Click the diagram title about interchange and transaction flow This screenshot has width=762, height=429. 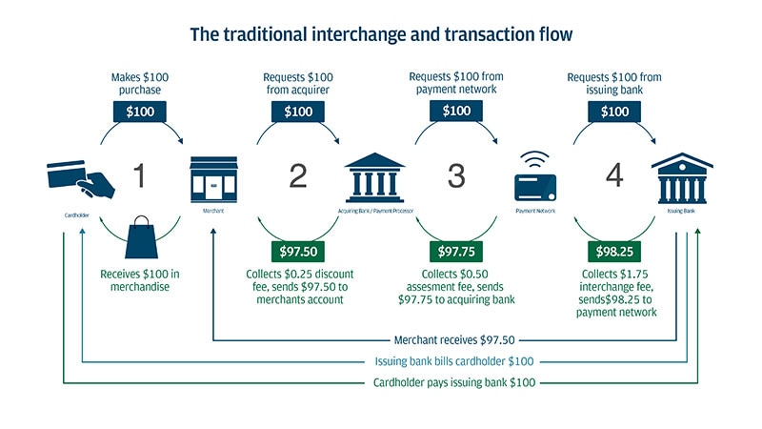click(380, 35)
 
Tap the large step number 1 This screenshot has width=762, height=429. click(139, 175)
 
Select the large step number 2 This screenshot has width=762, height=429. click(298, 175)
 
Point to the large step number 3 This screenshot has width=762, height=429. click(456, 175)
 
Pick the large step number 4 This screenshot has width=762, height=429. click(614, 175)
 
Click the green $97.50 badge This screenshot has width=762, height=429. click(298, 253)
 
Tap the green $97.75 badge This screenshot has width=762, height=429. click(456, 253)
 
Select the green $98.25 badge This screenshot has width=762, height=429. click(614, 253)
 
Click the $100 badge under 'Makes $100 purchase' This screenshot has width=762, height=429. click(139, 112)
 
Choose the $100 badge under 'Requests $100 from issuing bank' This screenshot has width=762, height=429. click(614, 112)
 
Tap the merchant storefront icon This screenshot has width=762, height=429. click(213, 177)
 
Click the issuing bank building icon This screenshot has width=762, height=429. click(682, 174)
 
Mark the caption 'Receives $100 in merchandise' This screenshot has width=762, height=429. click(139, 278)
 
